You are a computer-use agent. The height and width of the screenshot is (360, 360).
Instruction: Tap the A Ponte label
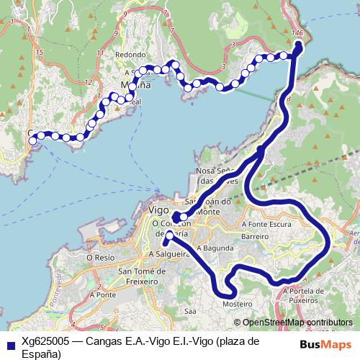point(103,294)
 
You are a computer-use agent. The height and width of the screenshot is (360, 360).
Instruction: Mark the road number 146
point(298,34)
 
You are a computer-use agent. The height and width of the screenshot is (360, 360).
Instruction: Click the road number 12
point(88,83)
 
